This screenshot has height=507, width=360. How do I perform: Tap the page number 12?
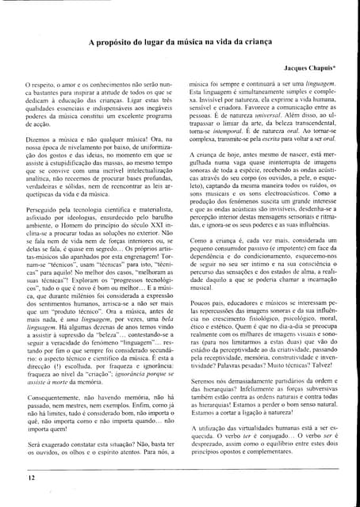[31, 478]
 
